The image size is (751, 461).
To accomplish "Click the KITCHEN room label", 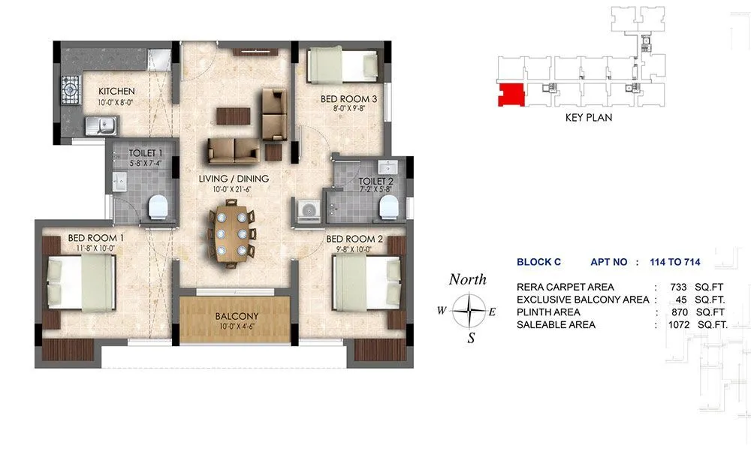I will (116, 91).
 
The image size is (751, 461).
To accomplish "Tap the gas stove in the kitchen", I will (71, 92).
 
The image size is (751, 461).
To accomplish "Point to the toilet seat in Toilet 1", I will (158, 206).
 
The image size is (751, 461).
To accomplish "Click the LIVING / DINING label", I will (233, 179).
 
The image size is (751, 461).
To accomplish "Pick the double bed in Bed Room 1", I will (80, 281).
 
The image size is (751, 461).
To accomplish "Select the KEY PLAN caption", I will (589, 118).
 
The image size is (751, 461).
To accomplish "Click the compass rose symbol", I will (471, 309).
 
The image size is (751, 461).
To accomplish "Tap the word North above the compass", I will (467, 279).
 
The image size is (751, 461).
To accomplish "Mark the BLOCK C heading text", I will (538, 263).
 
